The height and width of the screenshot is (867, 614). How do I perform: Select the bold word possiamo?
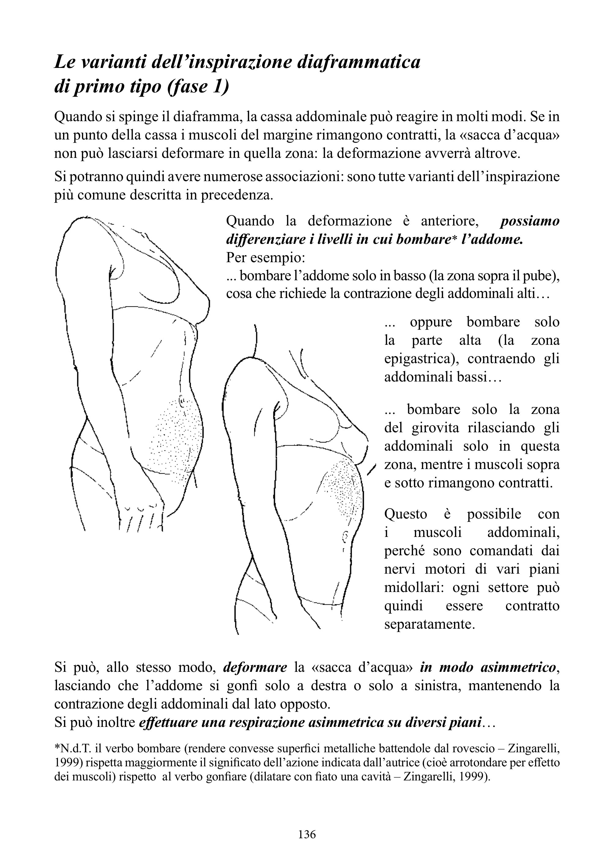click(530, 221)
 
